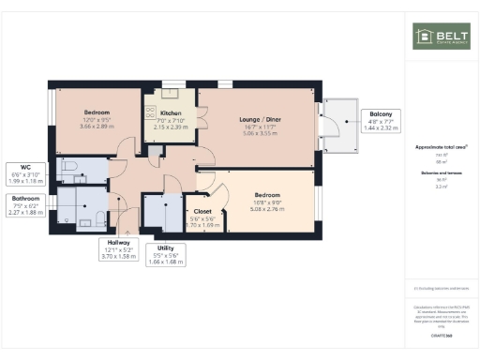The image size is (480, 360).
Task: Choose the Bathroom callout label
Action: tap(25, 205)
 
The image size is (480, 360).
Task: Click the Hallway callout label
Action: tap(119, 249)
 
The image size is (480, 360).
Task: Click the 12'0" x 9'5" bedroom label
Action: tap(97, 117)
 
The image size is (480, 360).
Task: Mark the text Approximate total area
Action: tap(442, 147)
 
